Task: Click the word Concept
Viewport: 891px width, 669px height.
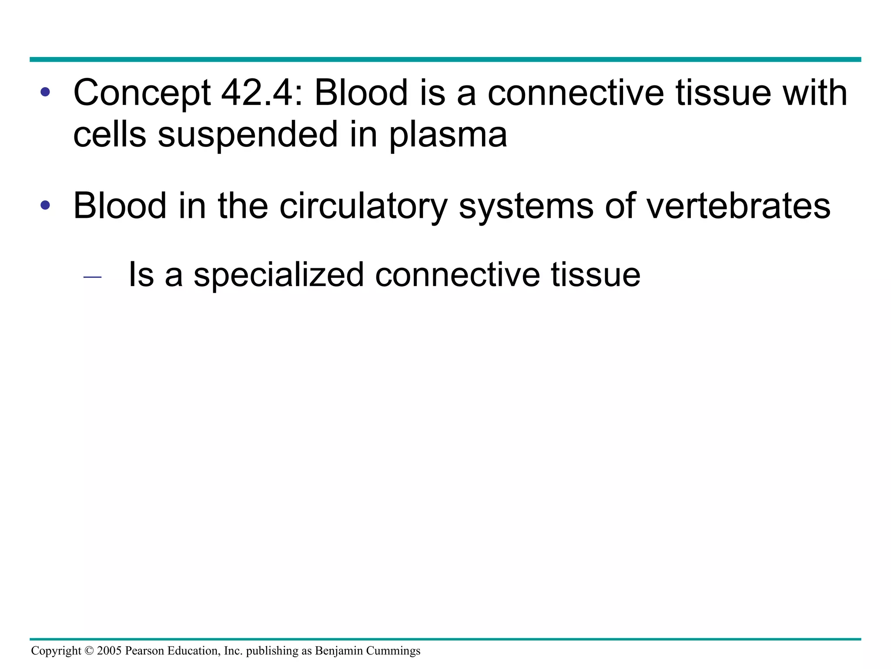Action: point(142,93)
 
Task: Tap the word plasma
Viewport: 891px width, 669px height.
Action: point(448,135)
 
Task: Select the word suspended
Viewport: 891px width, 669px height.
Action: point(248,135)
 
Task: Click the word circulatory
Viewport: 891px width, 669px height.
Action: point(363,206)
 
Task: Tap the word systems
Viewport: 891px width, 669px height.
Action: point(526,206)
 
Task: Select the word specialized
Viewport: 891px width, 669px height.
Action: point(278,275)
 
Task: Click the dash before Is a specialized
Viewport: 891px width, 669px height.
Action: point(92,277)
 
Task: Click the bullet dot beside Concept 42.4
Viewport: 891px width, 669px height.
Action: point(45,92)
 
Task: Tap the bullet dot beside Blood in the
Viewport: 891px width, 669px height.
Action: point(45,205)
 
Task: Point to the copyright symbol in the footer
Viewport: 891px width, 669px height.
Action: point(89,651)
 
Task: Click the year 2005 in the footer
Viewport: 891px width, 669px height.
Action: point(109,651)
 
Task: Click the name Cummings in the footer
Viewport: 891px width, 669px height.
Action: point(393,651)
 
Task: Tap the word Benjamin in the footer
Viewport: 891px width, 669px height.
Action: point(339,651)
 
